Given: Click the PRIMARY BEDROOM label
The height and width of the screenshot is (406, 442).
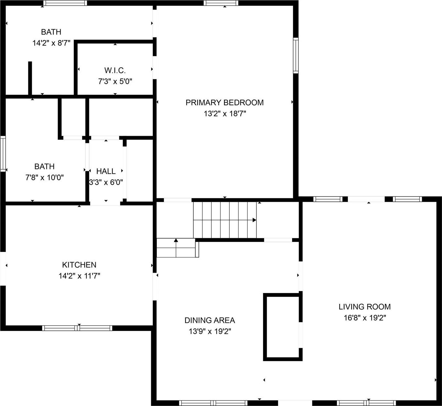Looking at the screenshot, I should pyautogui.click(x=224, y=102).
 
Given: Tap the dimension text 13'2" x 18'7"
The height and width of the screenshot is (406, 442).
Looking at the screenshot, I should pyautogui.click(x=225, y=114).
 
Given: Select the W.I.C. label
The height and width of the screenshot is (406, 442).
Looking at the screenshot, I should pyautogui.click(x=115, y=70).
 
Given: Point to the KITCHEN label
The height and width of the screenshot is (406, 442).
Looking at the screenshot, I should pyautogui.click(x=79, y=265).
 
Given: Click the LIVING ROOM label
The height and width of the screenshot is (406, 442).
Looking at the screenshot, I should pyautogui.click(x=364, y=307).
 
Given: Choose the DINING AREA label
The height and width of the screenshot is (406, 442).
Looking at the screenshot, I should pyautogui.click(x=210, y=320).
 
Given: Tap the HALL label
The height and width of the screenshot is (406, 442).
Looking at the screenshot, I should pyautogui.click(x=106, y=171).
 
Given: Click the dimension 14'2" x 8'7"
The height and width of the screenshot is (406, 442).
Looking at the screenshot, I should pyautogui.click(x=51, y=43).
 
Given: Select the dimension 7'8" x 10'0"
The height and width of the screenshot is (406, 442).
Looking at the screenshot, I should pyautogui.click(x=45, y=177).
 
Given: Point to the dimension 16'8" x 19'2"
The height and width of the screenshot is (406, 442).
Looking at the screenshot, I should pyautogui.click(x=364, y=318).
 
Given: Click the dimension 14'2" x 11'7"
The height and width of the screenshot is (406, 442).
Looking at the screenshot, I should pyautogui.click(x=79, y=276).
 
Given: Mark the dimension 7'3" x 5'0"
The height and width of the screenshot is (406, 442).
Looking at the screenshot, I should pyautogui.click(x=115, y=82).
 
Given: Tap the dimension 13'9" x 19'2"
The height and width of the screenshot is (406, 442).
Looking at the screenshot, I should pyautogui.click(x=210, y=331).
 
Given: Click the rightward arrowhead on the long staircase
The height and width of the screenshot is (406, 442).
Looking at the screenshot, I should pyautogui.click(x=254, y=220).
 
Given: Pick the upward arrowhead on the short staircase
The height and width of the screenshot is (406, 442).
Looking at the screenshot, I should pyautogui.click(x=176, y=240).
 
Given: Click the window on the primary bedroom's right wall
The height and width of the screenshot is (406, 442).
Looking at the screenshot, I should pyautogui.click(x=295, y=55).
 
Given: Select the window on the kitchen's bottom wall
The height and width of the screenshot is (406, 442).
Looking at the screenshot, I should pyautogui.click(x=77, y=328).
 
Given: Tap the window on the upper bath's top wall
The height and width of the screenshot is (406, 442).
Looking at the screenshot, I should pyautogui.click(x=65, y=3).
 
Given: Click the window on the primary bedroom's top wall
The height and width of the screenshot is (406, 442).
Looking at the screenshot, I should pyautogui.click(x=221, y=3).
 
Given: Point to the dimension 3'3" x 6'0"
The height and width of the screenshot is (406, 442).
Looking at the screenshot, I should pyautogui.click(x=106, y=182).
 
